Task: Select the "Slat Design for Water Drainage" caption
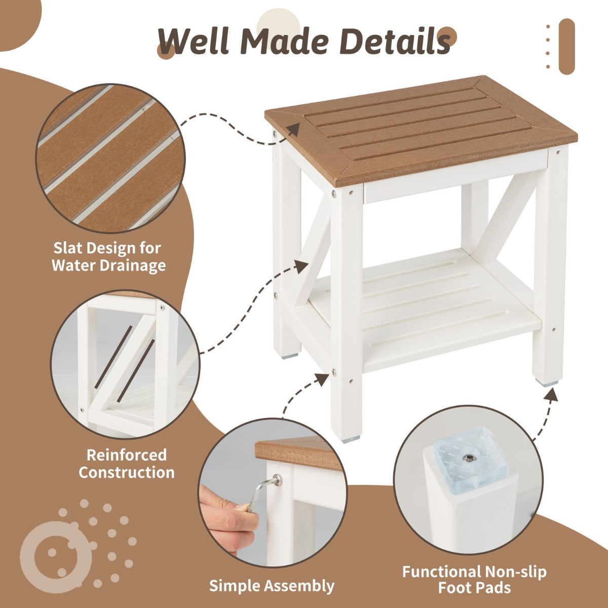108,256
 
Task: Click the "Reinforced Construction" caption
126,464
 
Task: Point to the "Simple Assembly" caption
272,586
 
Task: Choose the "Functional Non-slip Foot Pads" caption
474,580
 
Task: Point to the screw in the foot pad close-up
470,459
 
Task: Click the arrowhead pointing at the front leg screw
321,379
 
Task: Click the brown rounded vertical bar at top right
566,47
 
